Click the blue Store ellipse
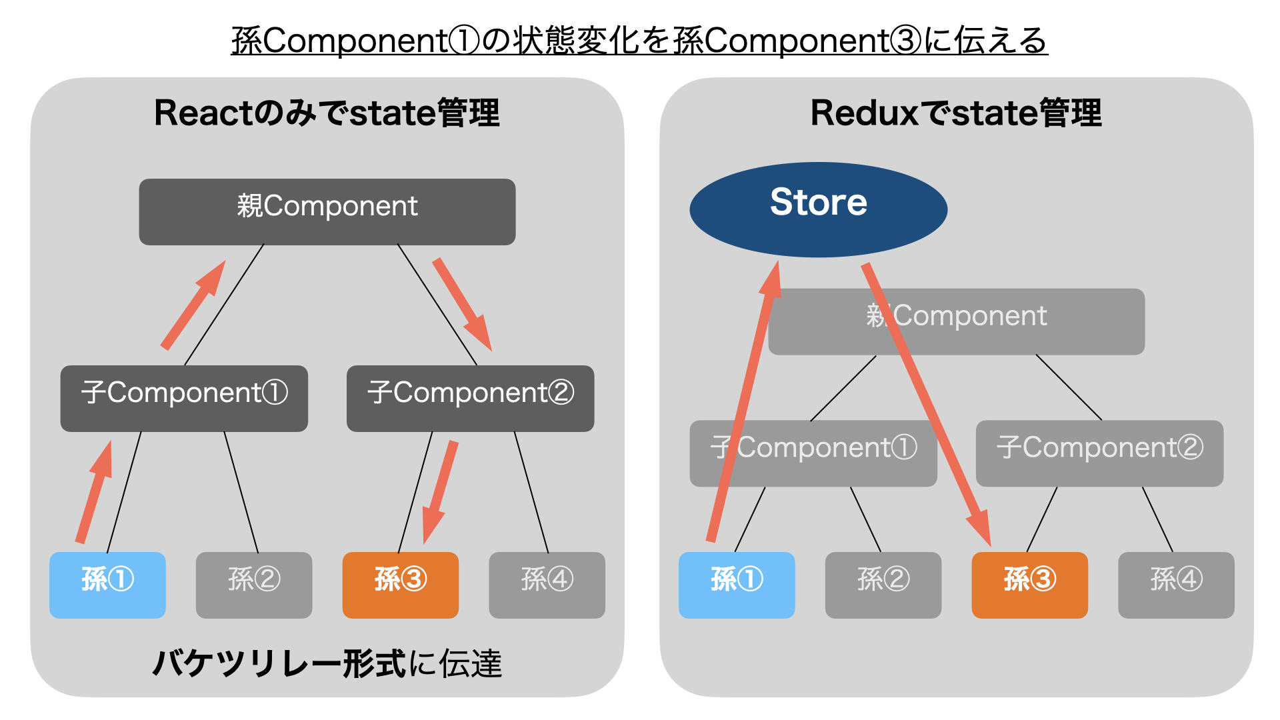(x=818, y=209)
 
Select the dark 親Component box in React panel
(x=327, y=211)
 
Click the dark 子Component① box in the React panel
(x=184, y=398)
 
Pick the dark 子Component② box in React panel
(x=470, y=398)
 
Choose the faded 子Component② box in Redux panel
(x=1099, y=453)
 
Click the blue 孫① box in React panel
(x=107, y=585)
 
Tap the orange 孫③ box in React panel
(x=400, y=585)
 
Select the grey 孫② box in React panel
(x=253, y=585)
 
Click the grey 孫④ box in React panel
(x=547, y=585)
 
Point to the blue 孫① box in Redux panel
(x=737, y=585)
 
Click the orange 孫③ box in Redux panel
(x=1029, y=585)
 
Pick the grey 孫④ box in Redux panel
(x=1176, y=585)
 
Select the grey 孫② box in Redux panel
(x=883, y=585)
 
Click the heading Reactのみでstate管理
(x=327, y=113)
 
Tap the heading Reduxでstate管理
(x=956, y=113)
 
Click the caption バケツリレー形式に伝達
(x=327, y=663)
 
